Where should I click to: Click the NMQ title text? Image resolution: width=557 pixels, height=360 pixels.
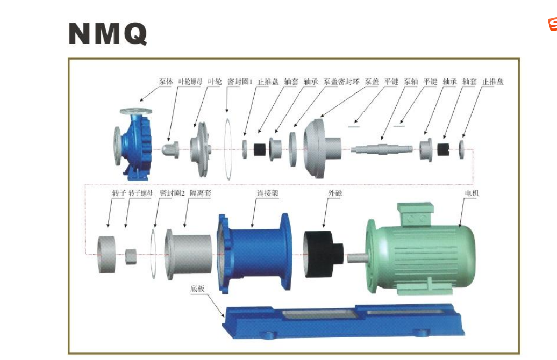pos(108,33)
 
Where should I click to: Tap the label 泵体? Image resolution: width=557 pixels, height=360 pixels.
pos(166,82)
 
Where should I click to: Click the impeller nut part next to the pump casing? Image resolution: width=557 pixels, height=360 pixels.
pos(170,149)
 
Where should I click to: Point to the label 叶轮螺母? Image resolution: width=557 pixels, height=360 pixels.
pos(190,82)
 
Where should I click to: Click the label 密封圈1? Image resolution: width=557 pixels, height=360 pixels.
pos(240,82)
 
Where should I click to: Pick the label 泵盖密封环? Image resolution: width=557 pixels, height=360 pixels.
pos(341,82)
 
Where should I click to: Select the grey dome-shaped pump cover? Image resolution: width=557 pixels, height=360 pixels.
pos(322,148)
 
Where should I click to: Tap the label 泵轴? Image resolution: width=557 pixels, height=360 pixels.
pos(411,82)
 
